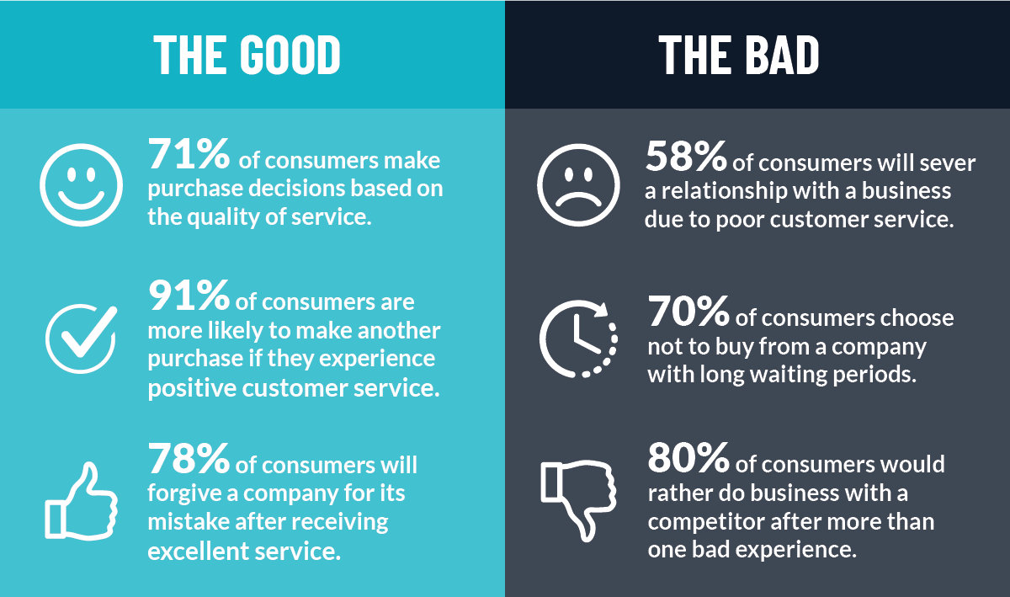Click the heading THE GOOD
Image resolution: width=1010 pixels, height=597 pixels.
point(247,55)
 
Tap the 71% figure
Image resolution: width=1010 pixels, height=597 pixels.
point(189,153)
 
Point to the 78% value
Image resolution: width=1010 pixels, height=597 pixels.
point(189,459)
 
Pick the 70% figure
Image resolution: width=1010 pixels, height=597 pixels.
point(688,312)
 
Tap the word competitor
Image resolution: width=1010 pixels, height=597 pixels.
point(705,522)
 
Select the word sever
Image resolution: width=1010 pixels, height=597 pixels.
point(946,162)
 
